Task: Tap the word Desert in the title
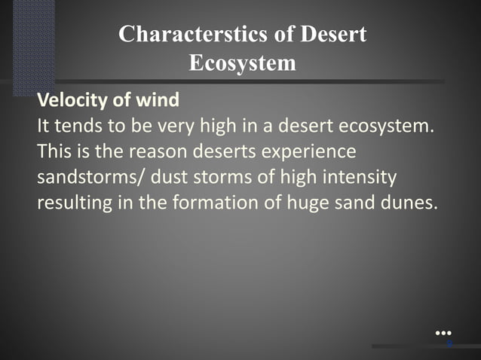click(334, 35)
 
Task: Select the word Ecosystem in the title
click(242, 63)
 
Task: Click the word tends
click(75, 125)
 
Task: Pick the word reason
click(161, 151)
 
